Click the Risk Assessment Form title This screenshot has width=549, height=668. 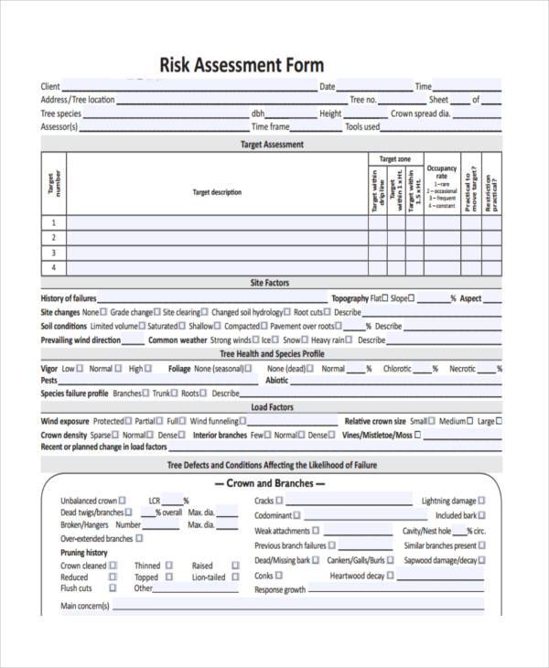242,65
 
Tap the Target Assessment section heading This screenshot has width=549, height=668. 272,145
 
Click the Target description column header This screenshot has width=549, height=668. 217,192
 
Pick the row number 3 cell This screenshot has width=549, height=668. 53,253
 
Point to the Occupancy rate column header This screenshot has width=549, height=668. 442,173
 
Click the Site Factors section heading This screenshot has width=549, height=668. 272,284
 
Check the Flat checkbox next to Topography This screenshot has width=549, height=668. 385,298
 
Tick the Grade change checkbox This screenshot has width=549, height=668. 157,312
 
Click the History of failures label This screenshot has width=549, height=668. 69,298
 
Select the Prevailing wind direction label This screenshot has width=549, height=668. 81,339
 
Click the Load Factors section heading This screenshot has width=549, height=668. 272,407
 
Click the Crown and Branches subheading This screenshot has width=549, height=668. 270,483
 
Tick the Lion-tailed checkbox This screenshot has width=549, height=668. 234,577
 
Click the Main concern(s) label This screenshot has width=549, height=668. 85,606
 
